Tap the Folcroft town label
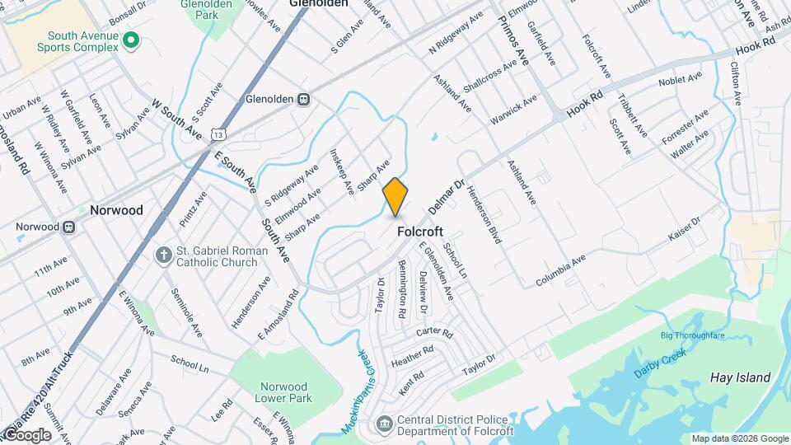422,232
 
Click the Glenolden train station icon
304,100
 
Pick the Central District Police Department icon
384,424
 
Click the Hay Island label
740,378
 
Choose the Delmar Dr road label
447,198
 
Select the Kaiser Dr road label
683,229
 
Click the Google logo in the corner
26,435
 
